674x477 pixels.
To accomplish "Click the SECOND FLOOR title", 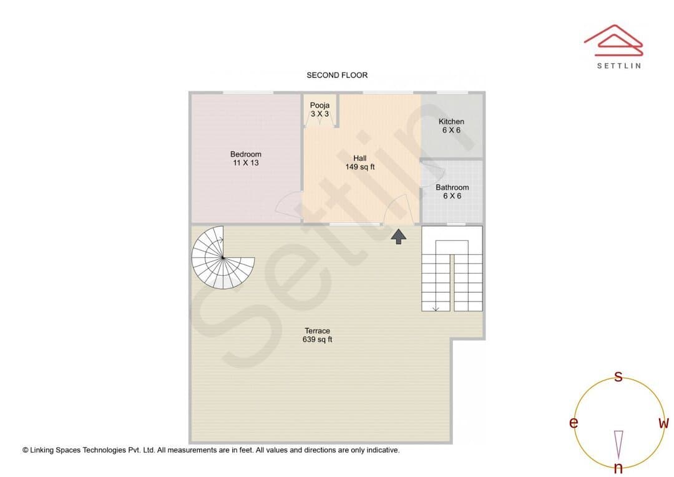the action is pyautogui.click(x=337, y=76).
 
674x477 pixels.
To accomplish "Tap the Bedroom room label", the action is pyautogui.click(x=246, y=159).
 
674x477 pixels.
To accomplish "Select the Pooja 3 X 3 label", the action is pyautogui.click(x=320, y=110).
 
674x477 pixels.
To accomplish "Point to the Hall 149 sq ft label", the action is pyautogui.click(x=360, y=162).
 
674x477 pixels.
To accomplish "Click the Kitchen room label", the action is pyautogui.click(x=451, y=125).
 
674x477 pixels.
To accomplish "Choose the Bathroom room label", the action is pyautogui.click(x=452, y=192).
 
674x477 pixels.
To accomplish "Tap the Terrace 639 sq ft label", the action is pyautogui.click(x=317, y=335).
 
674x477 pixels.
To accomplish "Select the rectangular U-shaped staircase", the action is pyautogui.click(x=452, y=268).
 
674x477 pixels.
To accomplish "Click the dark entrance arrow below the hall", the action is pyautogui.click(x=398, y=237).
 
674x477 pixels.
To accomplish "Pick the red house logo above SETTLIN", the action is pyautogui.click(x=613, y=41).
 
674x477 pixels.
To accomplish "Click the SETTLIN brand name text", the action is pyautogui.click(x=619, y=66).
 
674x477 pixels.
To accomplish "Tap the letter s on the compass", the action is pyautogui.click(x=618, y=376).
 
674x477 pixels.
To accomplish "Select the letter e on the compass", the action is pyautogui.click(x=574, y=423).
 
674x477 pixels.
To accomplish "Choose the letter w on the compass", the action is pyautogui.click(x=663, y=423).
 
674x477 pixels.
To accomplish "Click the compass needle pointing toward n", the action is pyautogui.click(x=618, y=445).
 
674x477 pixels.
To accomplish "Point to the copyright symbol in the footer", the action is pyautogui.click(x=26, y=450).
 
